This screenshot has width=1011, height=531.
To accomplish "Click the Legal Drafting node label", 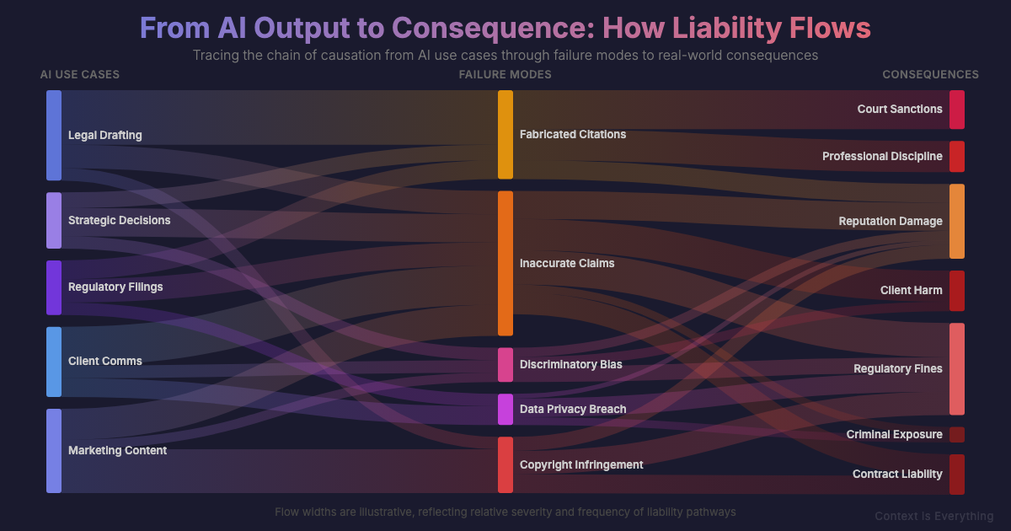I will [104, 135].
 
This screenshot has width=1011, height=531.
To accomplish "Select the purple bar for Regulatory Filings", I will [54, 287].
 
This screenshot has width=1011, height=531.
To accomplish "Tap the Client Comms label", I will [104, 361].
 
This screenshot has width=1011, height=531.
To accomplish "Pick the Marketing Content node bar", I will [54, 450].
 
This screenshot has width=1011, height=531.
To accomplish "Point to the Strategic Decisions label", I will [119, 220].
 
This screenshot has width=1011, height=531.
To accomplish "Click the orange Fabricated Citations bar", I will [505, 135].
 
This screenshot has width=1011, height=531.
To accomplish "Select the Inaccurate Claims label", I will [567, 263].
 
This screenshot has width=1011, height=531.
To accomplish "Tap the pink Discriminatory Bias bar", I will [505, 364].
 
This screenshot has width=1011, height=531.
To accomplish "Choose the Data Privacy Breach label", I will [573, 409].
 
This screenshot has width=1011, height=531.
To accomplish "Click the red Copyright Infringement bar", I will [505, 464].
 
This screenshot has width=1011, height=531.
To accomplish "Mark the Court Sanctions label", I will [899, 109].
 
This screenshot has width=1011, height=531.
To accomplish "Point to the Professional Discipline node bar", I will [957, 156].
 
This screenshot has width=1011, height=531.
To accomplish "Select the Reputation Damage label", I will [890, 221].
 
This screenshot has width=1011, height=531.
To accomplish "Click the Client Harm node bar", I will [957, 291].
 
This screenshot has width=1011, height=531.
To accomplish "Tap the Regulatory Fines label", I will [897, 368].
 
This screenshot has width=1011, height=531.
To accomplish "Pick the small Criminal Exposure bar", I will [957, 435].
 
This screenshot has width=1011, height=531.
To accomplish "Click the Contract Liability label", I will [896, 474].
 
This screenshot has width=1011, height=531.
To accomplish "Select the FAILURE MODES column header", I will [505, 74].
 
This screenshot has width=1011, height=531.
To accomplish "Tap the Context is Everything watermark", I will [933, 516].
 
